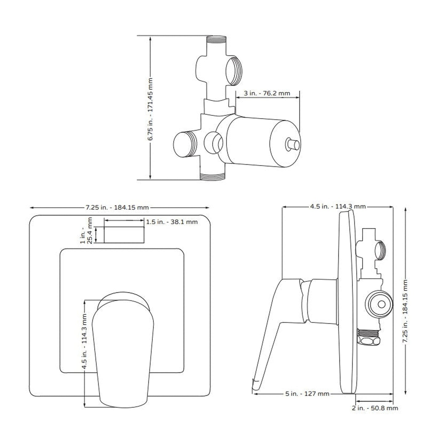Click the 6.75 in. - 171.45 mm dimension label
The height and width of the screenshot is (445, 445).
click(150, 110)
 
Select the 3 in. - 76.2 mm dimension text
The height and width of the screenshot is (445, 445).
click(267, 93)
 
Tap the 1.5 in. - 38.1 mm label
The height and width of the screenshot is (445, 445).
click(172, 222)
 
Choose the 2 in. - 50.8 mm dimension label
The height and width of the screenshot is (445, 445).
click(375, 408)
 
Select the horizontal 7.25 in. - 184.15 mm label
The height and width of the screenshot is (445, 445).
click(117, 207)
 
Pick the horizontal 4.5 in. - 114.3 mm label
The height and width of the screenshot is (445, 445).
click(338, 206)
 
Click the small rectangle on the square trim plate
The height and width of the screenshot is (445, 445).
click(124, 235)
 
